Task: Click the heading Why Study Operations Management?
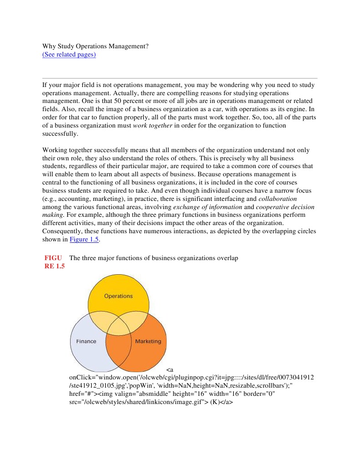pos(96,46)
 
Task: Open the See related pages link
pos(69,55)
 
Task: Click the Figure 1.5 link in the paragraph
pos(84,239)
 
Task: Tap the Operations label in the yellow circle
pos(118,296)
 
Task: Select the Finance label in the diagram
pos(86,341)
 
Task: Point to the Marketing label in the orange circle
pos(148,341)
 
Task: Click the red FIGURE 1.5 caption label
pos(54,262)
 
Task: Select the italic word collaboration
pos(278,199)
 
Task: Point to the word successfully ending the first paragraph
pos(60,134)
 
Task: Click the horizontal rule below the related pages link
pos(180,78)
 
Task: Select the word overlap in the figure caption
pos(227,258)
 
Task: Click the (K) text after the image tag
pos(215,402)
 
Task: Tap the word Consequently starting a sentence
pos(64,231)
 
